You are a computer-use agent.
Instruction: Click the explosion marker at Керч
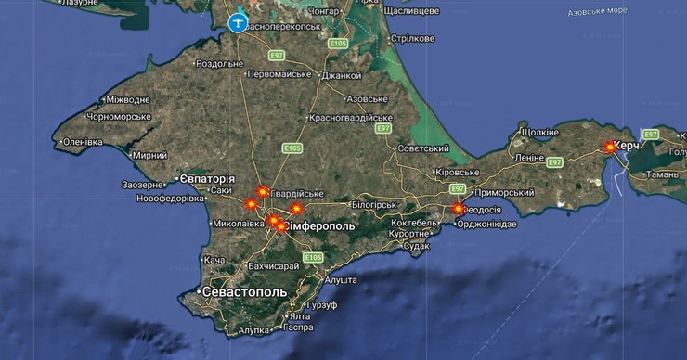(609, 147)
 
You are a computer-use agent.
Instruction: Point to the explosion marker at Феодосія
(458, 209)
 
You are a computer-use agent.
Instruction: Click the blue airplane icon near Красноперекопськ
(238, 21)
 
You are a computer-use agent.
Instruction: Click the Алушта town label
(341, 279)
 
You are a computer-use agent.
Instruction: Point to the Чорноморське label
(119, 117)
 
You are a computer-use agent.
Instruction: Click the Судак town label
(418, 246)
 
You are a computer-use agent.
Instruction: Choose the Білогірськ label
(374, 203)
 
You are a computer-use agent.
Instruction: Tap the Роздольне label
(218, 63)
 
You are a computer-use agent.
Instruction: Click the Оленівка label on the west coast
(83, 142)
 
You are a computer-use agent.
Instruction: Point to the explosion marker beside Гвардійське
(263, 191)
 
